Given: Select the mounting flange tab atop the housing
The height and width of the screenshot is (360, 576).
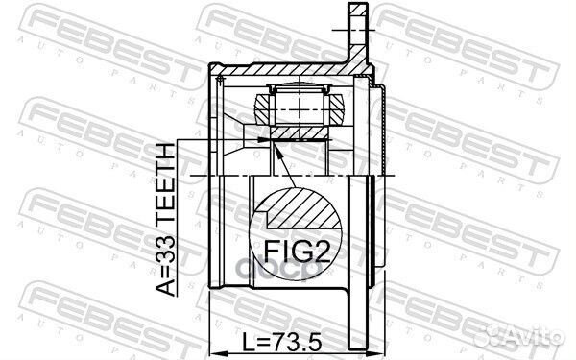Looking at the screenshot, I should click(356, 29).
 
